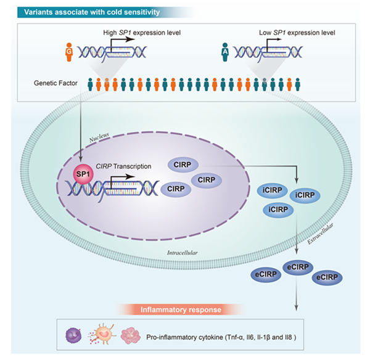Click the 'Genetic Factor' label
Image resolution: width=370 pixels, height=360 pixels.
tap(59, 82)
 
